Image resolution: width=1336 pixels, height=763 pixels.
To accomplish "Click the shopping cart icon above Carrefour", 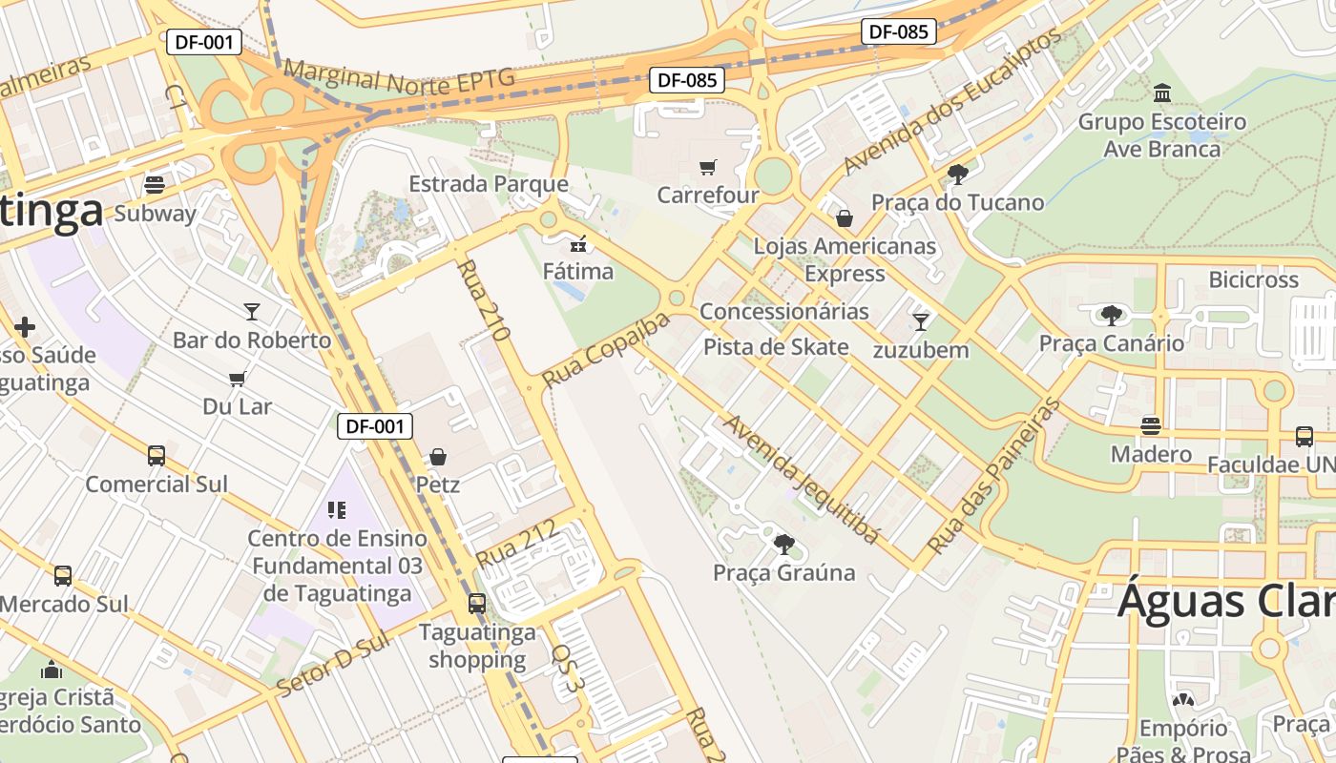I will click(707, 168).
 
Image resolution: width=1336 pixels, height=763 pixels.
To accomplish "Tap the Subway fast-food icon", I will click(154, 185).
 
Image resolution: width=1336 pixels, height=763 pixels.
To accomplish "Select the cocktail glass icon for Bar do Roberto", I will click(251, 311).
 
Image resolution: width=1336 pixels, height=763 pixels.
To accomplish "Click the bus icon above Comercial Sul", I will click(157, 456).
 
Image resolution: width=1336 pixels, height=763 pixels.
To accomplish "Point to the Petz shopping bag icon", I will click(438, 457).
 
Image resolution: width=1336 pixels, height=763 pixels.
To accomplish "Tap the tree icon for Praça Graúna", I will click(783, 545).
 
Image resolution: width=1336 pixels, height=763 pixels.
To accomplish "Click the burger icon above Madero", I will click(1151, 425).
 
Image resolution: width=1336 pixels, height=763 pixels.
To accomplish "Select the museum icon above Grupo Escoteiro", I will click(1162, 93).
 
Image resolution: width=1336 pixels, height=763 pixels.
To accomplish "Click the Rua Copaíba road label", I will click(606, 349).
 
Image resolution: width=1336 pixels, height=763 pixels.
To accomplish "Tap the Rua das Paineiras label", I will click(994, 477).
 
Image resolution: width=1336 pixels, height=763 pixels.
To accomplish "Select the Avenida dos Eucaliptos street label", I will click(950, 102).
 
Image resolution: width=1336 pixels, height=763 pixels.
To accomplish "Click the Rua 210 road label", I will click(484, 300).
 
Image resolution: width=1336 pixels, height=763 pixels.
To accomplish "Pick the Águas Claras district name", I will click(1226, 601).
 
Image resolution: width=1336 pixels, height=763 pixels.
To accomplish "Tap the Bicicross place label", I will click(1253, 279).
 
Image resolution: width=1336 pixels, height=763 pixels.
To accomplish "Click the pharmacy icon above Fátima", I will click(577, 243).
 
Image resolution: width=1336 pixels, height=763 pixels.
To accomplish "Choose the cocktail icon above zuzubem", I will click(921, 322).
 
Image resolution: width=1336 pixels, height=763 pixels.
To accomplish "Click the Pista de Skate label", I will click(775, 346).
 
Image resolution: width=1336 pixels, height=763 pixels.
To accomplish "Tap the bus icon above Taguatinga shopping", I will click(476, 604).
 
